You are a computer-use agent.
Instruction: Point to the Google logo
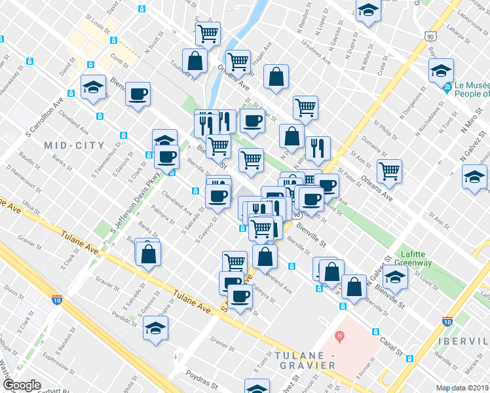(x=22, y=385)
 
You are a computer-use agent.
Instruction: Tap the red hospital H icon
(x=339, y=337)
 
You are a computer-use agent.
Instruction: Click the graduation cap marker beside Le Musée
(x=441, y=71)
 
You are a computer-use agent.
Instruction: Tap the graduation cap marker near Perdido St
(x=155, y=328)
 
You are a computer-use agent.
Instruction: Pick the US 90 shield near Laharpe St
(x=430, y=37)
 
